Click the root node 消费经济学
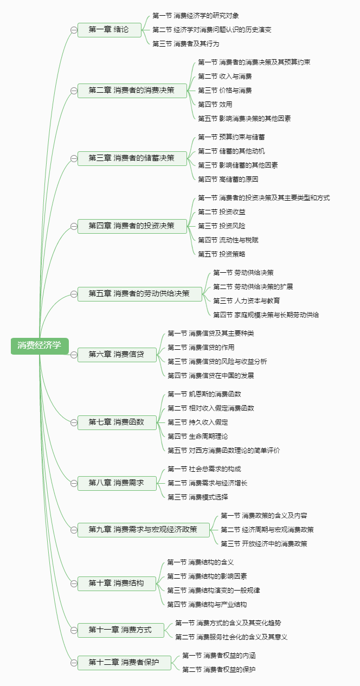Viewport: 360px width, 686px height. (x=40, y=346)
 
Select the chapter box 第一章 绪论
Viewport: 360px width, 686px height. (x=110, y=30)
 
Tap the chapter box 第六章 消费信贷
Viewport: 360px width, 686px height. (x=117, y=355)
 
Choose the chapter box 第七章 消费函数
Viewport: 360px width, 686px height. (x=117, y=422)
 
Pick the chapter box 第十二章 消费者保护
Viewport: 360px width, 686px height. (x=124, y=663)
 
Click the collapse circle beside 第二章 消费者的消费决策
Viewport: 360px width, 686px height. (x=74, y=91)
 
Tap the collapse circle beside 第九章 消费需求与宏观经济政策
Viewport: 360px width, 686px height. (x=74, y=530)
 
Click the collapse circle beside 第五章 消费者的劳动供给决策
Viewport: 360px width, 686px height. (x=74, y=294)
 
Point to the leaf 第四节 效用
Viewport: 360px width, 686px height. (x=215, y=105)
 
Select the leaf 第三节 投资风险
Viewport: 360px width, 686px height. (x=221, y=226)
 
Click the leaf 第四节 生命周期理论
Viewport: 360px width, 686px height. (x=197, y=437)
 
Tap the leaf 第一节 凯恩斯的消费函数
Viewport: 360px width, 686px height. (x=204, y=394)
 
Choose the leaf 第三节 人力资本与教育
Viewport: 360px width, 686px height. (x=247, y=301)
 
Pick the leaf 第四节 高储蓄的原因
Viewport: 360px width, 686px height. (x=228, y=179)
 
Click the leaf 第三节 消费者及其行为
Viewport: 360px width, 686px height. (x=186, y=44)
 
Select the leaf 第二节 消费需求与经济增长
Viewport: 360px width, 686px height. (x=207, y=483)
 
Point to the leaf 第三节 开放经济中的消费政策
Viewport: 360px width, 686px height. (x=264, y=544)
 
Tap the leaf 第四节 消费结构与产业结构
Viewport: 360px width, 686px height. (x=207, y=605)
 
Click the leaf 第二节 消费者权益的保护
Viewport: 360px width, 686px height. (x=219, y=670)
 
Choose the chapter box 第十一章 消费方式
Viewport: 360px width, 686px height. (x=120, y=630)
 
